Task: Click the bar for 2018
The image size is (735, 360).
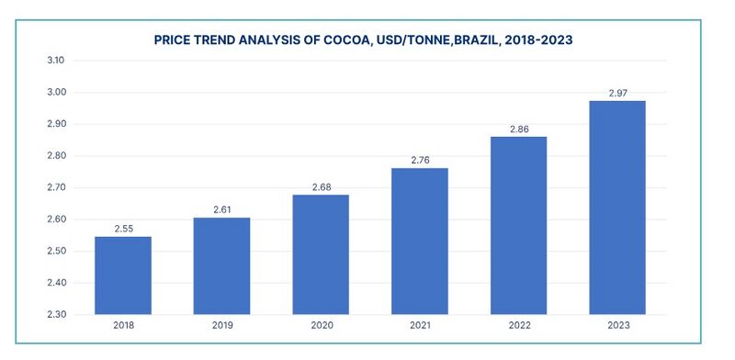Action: (122, 276)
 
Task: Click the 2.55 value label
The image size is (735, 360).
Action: (122, 228)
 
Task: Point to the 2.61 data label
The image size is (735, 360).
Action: (221, 209)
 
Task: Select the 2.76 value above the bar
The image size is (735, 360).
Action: (419, 160)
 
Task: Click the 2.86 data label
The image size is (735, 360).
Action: (518, 129)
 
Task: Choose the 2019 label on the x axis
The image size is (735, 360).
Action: (221, 326)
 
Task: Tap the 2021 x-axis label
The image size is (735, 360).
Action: (419, 326)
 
